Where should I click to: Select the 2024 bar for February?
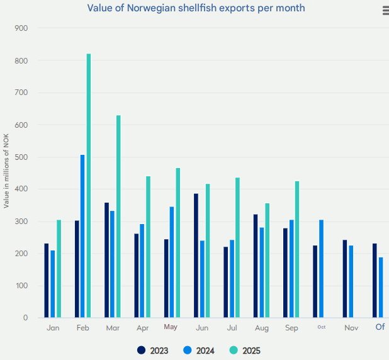pyautogui.click(x=82, y=236)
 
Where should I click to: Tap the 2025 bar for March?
pyautogui.click(x=118, y=217)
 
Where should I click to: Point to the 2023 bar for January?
pyautogui.click(x=47, y=281)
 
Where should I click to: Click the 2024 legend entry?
pyautogui.click(x=200, y=351)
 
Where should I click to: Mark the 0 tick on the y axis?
pyautogui.click(x=25, y=318)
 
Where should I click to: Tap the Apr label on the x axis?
pyautogui.click(x=143, y=328)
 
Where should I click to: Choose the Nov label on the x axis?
pyautogui.click(x=351, y=328)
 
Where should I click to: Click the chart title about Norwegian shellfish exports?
pyautogui.click(x=196, y=9)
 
